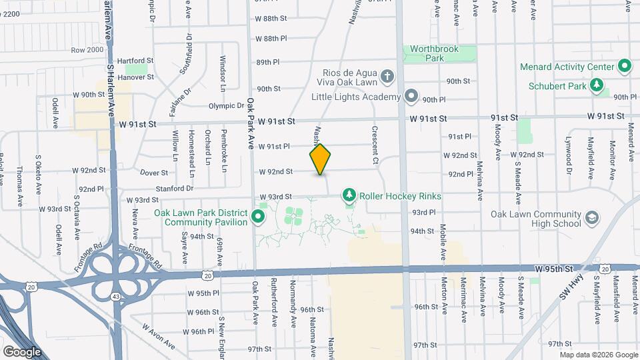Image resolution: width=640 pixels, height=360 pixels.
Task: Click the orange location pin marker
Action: click(320, 159)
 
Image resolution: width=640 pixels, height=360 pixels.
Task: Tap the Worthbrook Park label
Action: click(439, 53)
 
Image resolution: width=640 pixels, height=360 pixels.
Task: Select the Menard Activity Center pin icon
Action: click(625, 67)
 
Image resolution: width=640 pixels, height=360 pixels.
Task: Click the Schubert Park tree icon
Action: click(598, 85)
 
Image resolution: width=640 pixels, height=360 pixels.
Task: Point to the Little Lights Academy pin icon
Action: click(411, 96)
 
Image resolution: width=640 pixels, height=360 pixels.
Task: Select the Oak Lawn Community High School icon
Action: click(591, 218)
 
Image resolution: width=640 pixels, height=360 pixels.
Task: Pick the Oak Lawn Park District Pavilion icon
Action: click(259, 217)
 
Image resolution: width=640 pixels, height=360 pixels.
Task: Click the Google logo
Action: click(23, 351)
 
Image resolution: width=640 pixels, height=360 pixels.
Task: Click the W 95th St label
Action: click(553, 267)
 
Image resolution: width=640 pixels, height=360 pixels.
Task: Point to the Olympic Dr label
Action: click(226, 105)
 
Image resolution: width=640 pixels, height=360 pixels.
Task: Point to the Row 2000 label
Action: click(87, 50)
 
